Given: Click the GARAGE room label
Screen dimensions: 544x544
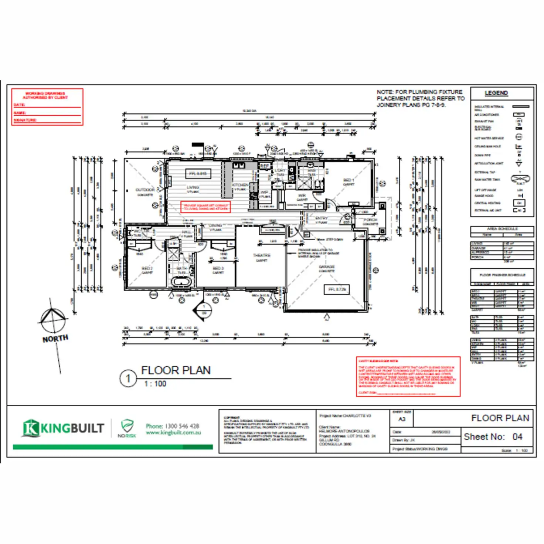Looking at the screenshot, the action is (326, 266).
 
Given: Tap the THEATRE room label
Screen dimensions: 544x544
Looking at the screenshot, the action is (262, 255).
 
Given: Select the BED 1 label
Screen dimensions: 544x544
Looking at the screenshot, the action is (348, 180).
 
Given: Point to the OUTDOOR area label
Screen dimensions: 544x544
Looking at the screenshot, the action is (145, 190).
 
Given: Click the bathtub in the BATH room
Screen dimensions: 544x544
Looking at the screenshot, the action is (181, 282).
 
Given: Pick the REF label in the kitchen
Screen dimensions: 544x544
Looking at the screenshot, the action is (265, 166).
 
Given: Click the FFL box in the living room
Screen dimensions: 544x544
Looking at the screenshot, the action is (198, 174).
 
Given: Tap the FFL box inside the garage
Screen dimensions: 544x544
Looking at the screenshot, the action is (337, 290).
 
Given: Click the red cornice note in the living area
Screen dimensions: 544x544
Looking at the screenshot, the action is (205, 207).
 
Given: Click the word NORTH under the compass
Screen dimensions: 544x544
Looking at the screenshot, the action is (55, 339).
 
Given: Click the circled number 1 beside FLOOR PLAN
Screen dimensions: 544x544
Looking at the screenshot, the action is (128, 378).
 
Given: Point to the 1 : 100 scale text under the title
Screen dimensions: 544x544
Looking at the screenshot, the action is (155, 384).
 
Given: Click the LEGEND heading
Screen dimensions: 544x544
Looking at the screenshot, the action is (496, 93).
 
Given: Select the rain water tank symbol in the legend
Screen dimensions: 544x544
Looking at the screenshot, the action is (520, 179).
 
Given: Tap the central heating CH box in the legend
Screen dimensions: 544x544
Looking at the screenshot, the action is (519, 203).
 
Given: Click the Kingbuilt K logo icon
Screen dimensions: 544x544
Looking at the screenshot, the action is (31, 428).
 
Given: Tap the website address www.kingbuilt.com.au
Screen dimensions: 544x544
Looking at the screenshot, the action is (173, 433).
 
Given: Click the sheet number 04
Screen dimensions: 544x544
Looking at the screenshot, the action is (517, 437).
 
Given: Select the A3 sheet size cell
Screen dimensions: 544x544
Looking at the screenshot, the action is (402, 419).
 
